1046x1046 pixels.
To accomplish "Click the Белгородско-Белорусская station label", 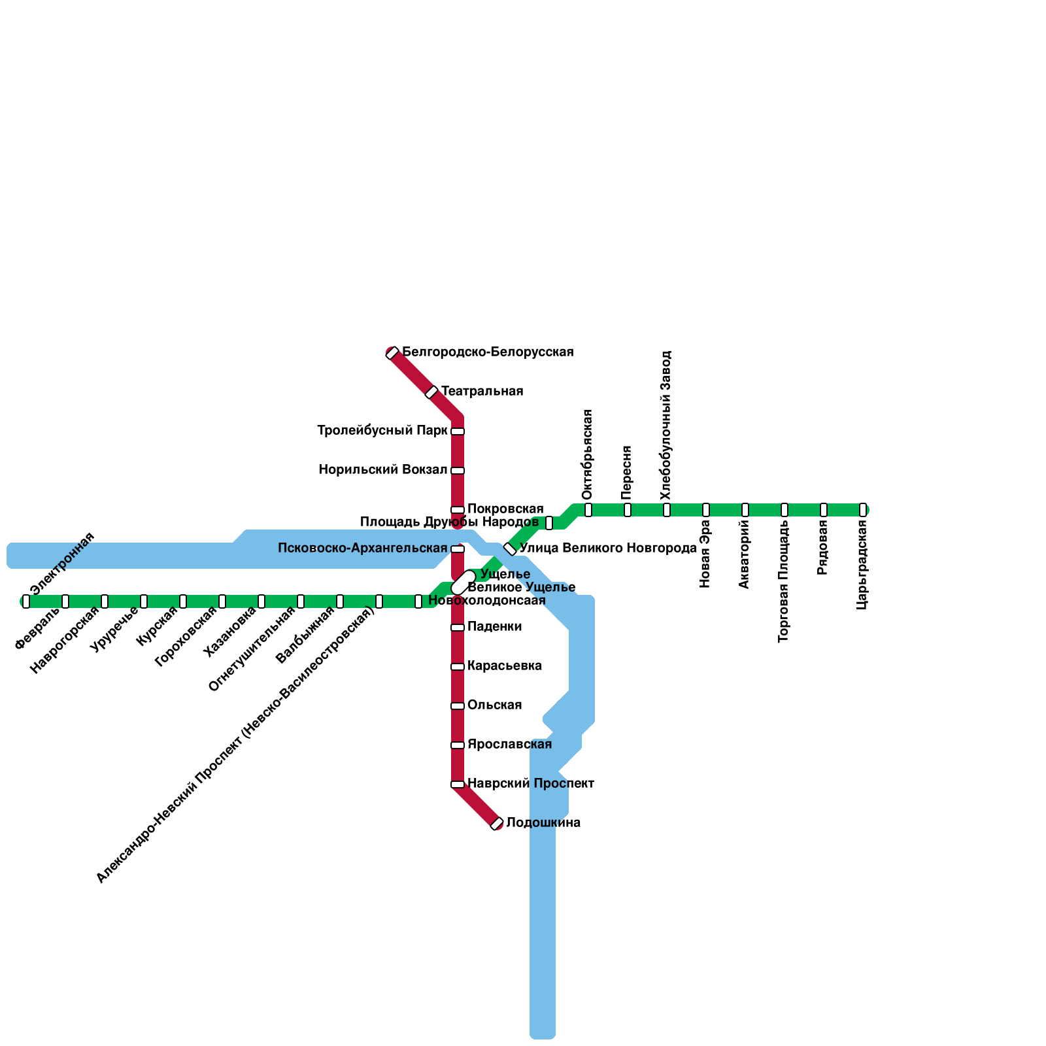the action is pos(488,352).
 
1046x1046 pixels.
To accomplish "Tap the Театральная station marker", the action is pos(431,392).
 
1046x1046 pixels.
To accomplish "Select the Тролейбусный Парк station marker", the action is pos(458,431).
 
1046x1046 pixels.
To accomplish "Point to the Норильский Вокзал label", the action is pos(383,470).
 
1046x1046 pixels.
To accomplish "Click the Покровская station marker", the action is pos(458,510).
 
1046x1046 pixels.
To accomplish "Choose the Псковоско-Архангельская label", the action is pos(363,548).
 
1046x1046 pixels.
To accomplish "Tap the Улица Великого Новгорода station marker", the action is pos(510,549).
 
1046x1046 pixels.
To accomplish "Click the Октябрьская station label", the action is pos(587,455).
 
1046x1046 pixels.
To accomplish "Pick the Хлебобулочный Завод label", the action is pos(666,426).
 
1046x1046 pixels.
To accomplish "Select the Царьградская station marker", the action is pos(863,510).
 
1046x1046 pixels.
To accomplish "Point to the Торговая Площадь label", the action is pos(784,581).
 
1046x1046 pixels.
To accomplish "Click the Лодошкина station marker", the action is pos(497,824).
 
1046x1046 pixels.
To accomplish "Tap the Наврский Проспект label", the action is pos(531,783).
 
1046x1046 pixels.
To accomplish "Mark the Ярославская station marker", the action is pos(458,745).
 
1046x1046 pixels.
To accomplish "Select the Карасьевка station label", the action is pos(505,666).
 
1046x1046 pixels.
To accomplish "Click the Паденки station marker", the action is pos(458,628).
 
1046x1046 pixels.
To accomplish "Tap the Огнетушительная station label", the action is pos(252,649).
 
